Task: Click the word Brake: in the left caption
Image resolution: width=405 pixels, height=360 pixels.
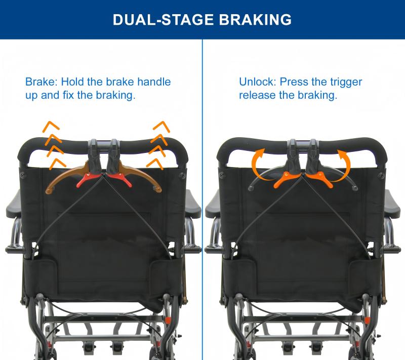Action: (x=42, y=82)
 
